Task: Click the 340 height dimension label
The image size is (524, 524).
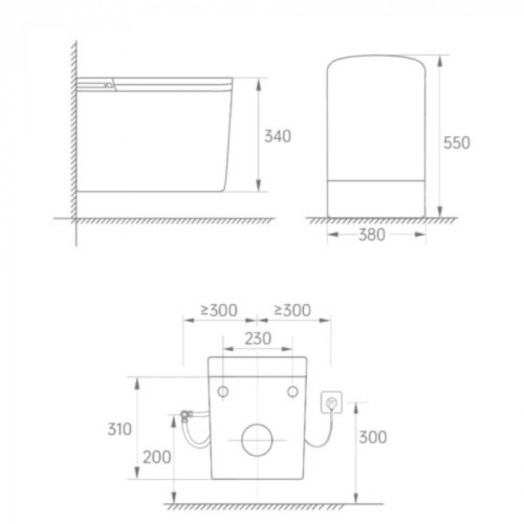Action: tap(278, 136)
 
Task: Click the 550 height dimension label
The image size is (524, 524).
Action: tap(457, 143)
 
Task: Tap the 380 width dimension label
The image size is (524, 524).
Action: tap(372, 234)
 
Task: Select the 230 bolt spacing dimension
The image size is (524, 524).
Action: tap(258, 338)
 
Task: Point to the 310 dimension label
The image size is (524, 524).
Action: tap(119, 429)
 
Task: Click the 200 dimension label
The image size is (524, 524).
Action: tap(156, 457)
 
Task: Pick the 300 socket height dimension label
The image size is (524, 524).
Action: tap(373, 437)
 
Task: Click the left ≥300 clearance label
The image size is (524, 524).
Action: tap(219, 310)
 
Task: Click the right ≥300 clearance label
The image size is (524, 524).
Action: tap(293, 310)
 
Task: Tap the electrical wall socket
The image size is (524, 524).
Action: tap(331, 403)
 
